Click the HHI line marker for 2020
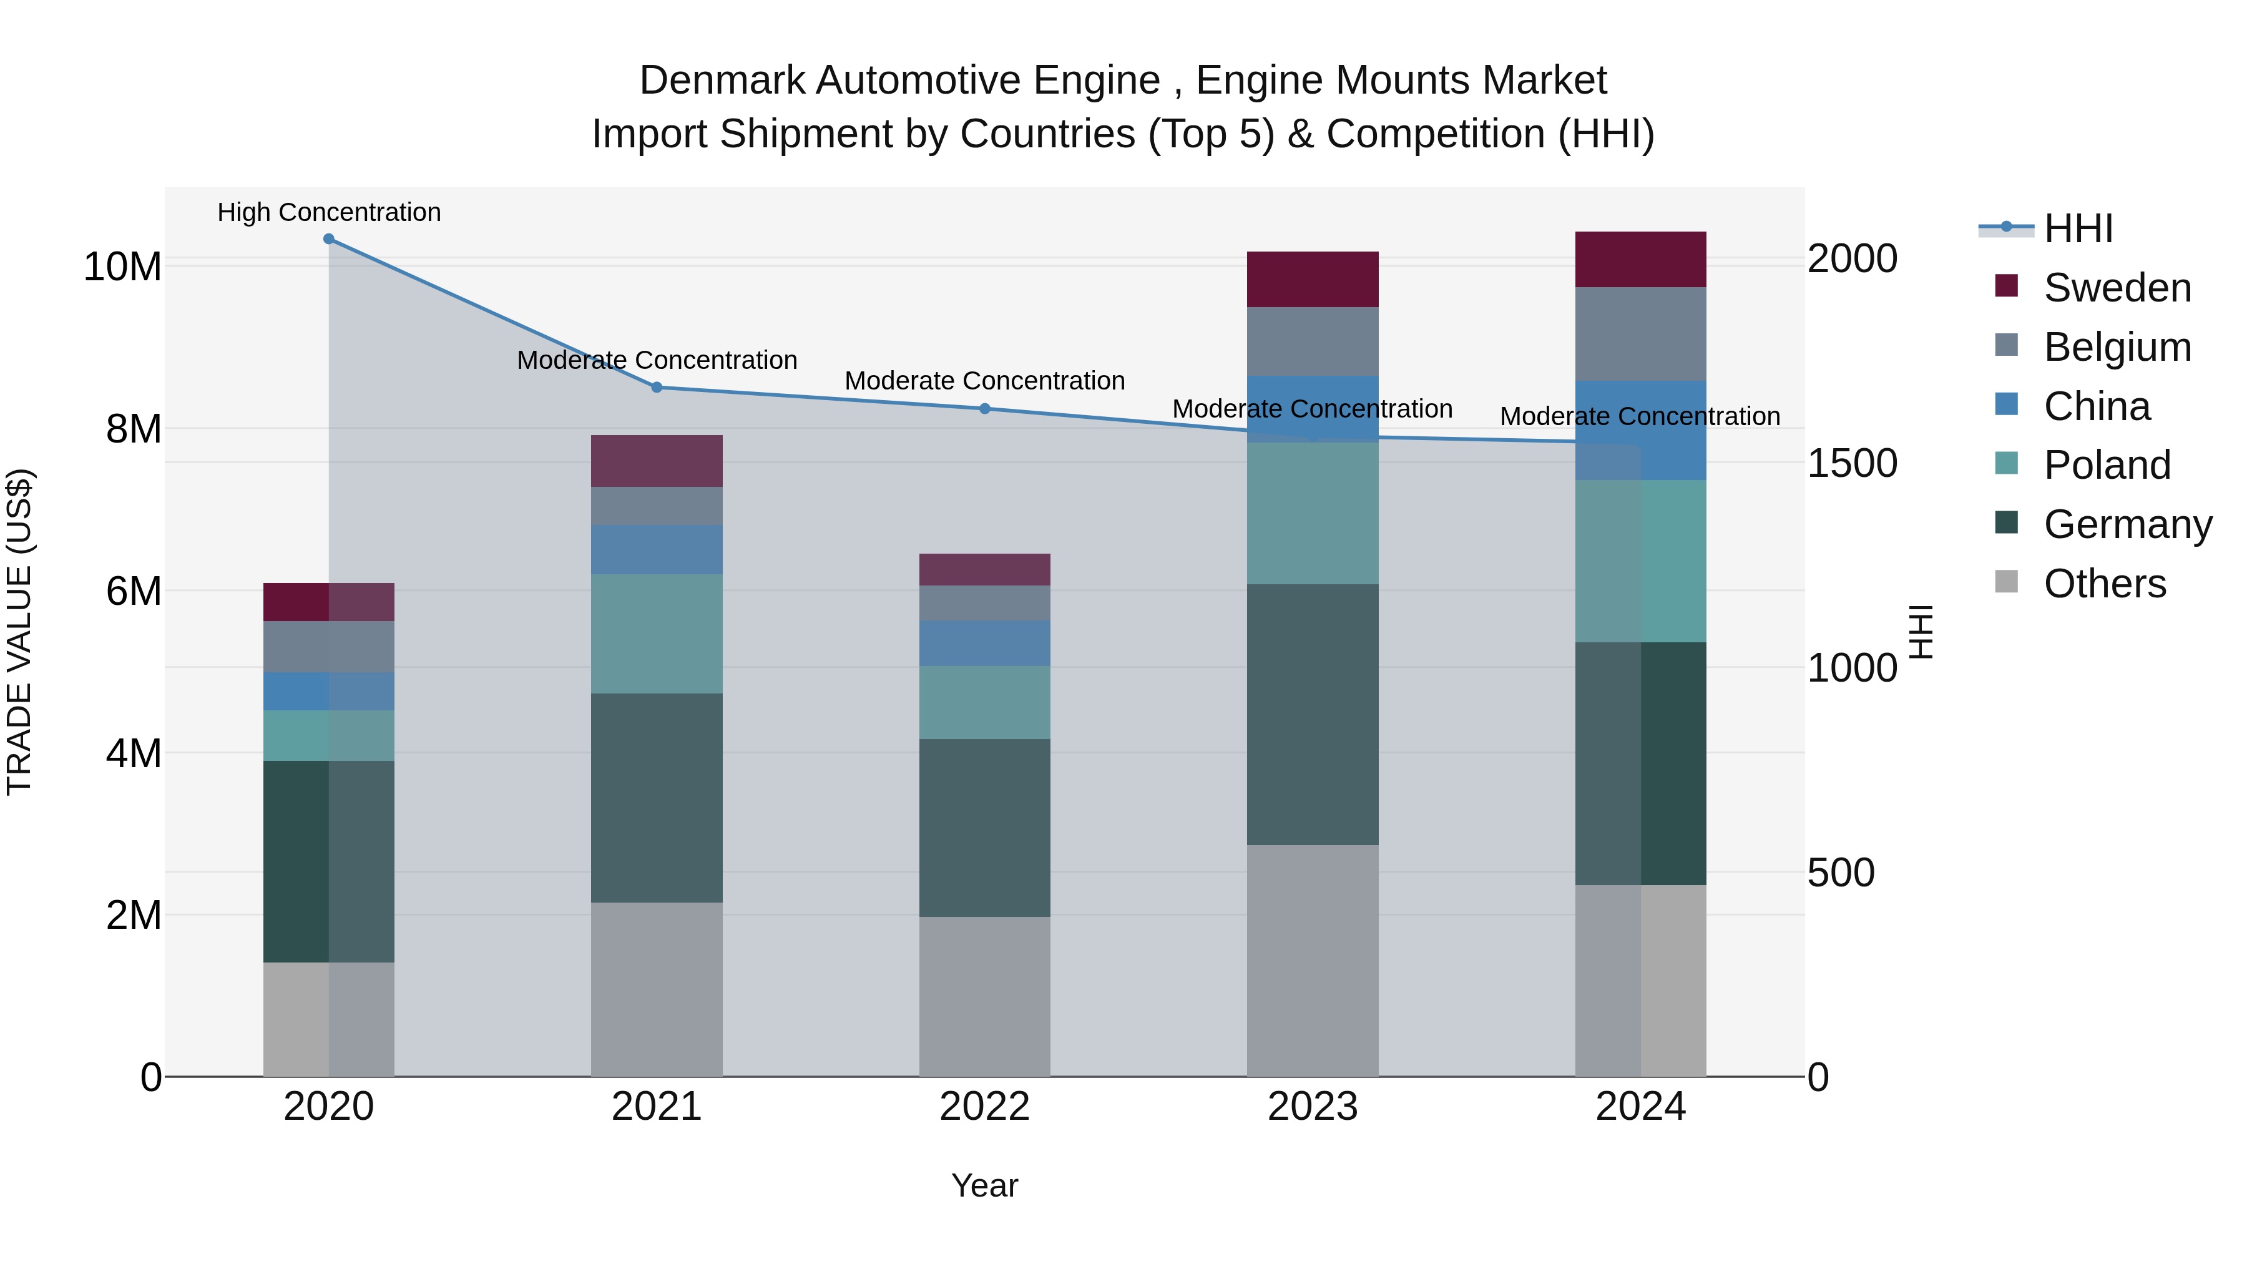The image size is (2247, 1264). [x=329, y=239]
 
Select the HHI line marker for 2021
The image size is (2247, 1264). [x=657, y=387]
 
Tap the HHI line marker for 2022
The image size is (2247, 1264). [x=985, y=408]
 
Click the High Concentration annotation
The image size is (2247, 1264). [x=329, y=212]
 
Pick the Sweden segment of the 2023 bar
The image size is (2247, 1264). [x=1312, y=279]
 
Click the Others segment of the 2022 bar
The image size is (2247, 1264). [x=985, y=996]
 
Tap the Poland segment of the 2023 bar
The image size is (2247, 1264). [x=1312, y=513]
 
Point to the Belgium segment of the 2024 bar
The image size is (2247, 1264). [x=1640, y=334]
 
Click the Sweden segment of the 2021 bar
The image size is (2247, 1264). [x=657, y=461]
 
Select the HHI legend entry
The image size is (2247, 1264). [x=2078, y=228]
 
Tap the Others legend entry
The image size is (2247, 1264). [x=2104, y=584]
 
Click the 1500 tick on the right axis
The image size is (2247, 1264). [x=1852, y=463]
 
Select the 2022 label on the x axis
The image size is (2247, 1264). [x=985, y=1107]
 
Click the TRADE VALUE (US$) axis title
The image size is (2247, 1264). [x=19, y=632]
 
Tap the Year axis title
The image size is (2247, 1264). [x=985, y=1185]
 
